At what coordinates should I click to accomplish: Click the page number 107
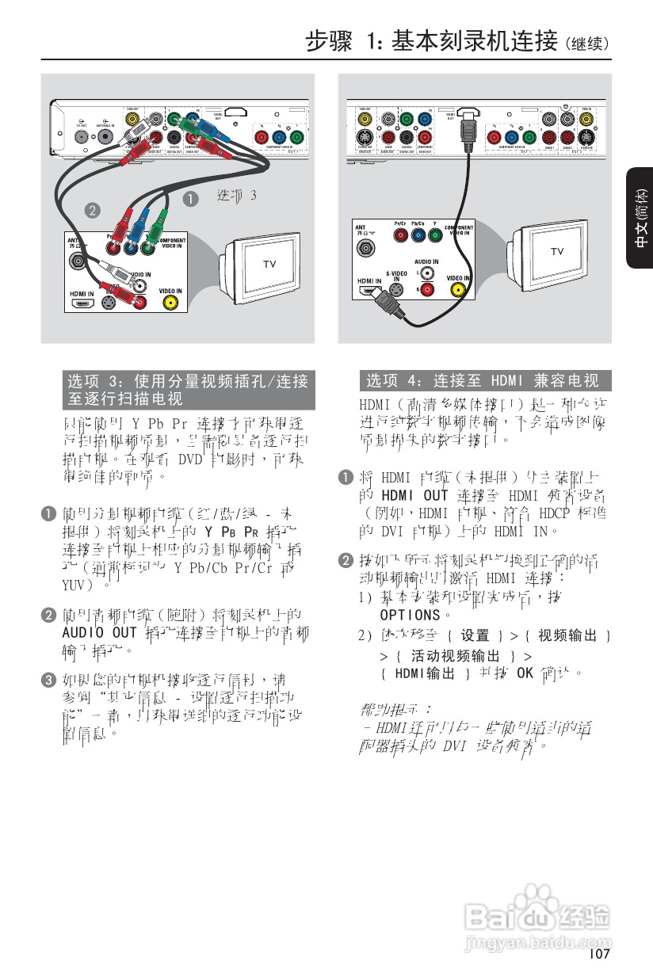tap(599, 954)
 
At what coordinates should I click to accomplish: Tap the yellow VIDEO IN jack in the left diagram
tap(170, 302)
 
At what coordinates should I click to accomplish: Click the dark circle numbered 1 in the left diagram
tap(190, 199)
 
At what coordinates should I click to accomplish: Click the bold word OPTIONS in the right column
tap(409, 614)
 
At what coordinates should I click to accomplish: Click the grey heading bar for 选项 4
tap(485, 381)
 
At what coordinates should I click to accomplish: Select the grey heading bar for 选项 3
tap(189, 390)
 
